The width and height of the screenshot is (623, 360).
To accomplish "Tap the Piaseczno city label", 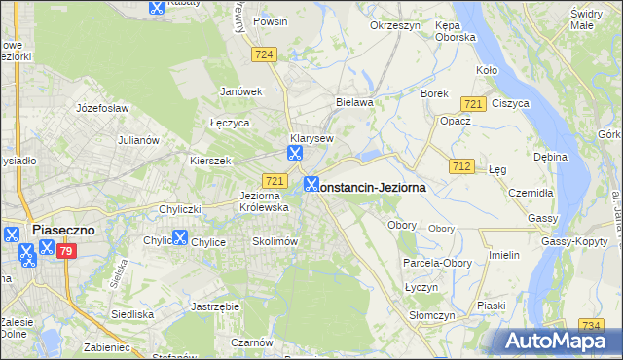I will click(x=61, y=230).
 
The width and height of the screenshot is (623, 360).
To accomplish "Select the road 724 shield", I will click(x=264, y=56).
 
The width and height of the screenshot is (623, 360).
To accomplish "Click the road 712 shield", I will click(x=461, y=167).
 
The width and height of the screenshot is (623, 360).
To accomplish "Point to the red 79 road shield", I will click(x=66, y=252).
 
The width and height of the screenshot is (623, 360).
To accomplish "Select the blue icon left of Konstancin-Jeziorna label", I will click(x=311, y=184).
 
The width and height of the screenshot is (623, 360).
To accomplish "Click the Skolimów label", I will click(x=275, y=241).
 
